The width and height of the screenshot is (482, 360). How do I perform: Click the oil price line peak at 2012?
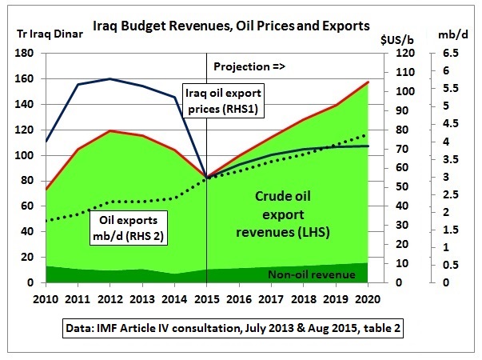point(110,78)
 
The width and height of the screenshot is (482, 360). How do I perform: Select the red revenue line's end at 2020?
point(368,82)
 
